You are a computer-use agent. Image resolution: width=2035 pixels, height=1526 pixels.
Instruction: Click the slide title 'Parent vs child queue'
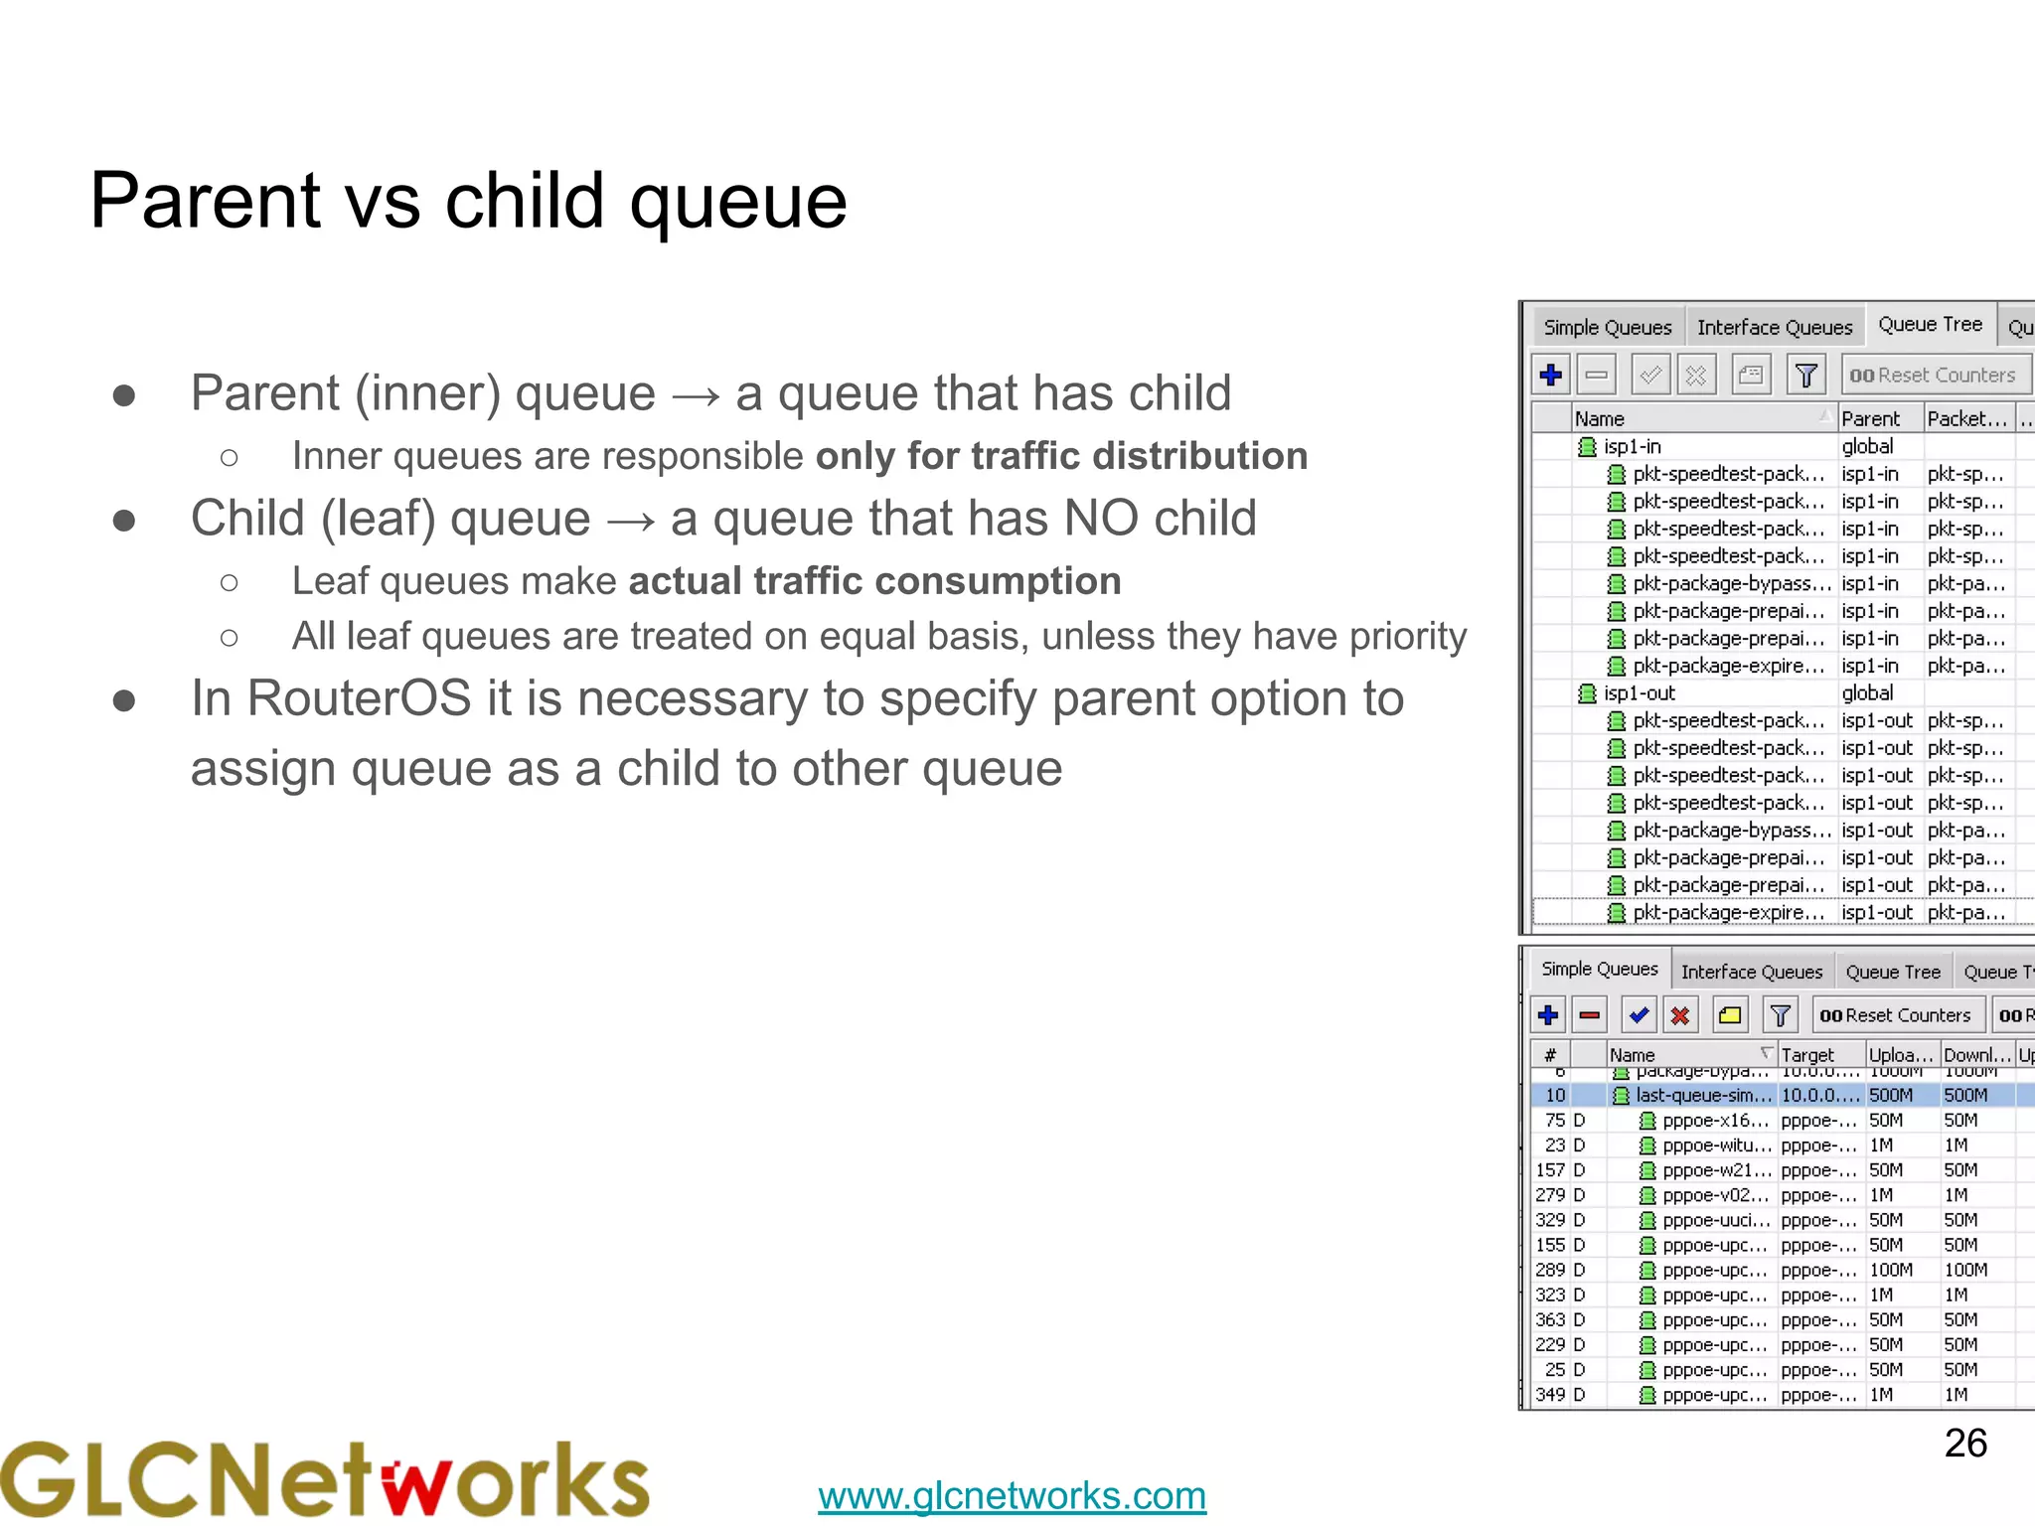(468, 201)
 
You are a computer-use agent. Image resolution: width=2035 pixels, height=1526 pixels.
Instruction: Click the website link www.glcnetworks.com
(1012, 1495)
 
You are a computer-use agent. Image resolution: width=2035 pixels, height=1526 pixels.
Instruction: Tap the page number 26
(1964, 1444)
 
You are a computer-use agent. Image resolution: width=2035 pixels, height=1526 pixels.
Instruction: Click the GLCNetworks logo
(324, 1479)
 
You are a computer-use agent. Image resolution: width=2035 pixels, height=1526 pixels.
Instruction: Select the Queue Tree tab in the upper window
(1930, 325)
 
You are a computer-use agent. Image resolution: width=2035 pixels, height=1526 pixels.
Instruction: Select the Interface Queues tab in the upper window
(1774, 327)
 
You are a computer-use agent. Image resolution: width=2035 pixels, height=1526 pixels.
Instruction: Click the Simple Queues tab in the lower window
(1599, 969)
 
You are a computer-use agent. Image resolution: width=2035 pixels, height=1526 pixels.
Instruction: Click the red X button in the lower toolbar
(1680, 1015)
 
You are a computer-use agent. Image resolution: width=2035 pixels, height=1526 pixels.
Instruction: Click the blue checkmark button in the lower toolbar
(1639, 1015)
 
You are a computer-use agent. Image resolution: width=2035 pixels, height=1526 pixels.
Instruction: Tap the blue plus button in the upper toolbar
(1550, 376)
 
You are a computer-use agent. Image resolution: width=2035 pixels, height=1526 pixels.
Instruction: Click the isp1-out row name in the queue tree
(1639, 693)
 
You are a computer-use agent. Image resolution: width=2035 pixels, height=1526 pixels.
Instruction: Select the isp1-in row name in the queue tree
(1632, 447)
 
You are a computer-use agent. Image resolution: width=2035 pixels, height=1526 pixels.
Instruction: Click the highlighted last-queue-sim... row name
(1703, 1096)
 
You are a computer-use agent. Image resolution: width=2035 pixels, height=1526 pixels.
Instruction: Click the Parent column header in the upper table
(1871, 418)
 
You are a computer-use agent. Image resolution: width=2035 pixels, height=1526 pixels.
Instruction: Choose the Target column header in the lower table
(1807, 1055)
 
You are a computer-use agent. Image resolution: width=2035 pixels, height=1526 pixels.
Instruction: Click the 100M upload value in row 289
(1890, 1271)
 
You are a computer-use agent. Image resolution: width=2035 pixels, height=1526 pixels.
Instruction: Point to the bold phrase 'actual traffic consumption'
(874, 581)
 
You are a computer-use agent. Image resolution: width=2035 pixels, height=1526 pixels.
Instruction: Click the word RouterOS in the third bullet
(359, 698)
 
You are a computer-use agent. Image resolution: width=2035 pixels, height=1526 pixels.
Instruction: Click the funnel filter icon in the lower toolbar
(1781, 1015)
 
